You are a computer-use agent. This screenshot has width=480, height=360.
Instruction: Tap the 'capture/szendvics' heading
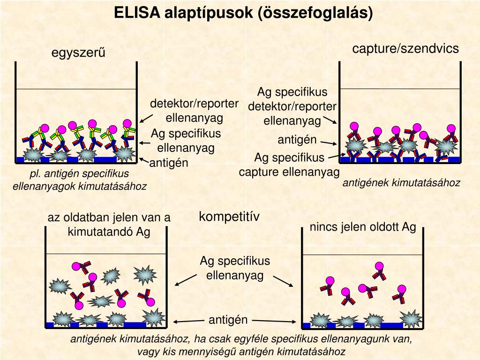(405, 49)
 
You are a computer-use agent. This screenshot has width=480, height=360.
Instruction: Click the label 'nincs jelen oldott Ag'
(363, 227)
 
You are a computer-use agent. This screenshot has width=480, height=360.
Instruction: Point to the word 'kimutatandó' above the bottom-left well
(100, 232)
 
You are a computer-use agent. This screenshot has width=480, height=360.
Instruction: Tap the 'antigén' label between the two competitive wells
(228, 320)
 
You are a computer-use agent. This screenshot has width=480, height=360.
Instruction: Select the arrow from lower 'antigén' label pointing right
(274, 322)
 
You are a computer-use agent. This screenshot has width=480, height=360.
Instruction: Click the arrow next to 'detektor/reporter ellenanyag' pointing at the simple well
(147, 117)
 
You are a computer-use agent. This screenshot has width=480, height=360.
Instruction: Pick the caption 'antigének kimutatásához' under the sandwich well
(401, 183)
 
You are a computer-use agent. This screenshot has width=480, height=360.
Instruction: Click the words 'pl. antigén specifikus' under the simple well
(79, 174)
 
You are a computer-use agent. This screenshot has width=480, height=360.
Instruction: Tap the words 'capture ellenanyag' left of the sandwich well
(289, 172)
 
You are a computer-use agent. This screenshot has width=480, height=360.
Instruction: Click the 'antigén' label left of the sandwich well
(297, 140)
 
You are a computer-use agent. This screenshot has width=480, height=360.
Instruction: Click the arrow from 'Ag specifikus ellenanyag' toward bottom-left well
(185, 280)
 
